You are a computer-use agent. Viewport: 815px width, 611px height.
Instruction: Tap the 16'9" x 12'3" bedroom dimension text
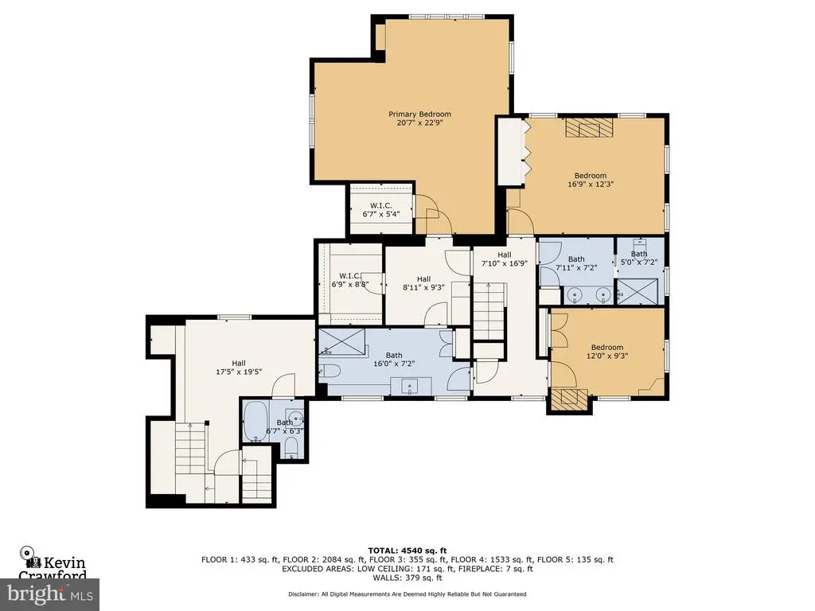(x=591, y=184)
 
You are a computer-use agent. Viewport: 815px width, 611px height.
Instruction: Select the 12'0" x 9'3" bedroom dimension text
(x=607, y=356)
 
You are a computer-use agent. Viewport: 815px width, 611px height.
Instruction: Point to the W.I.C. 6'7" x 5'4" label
(x=381, y=209)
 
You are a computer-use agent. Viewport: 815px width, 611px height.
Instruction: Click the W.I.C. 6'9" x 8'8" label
(x=350, y=280)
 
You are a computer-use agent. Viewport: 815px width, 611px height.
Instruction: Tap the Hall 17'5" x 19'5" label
(x=239, y=368)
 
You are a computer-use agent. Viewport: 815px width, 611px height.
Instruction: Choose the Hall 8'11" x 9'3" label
(x=423, y=283)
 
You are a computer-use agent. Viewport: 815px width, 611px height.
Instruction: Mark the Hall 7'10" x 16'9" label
(x=504, y=259)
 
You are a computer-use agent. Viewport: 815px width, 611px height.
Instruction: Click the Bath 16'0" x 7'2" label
(x=394, y=360)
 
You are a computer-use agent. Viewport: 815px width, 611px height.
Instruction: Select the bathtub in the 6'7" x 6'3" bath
(x=255, y=422)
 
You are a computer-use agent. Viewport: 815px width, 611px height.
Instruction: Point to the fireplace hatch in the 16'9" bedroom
(x=590, y=127)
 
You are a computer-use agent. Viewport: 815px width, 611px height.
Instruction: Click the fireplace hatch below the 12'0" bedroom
(x=570, y=399)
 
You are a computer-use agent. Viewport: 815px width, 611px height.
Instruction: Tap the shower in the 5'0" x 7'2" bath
(x=637, y=291)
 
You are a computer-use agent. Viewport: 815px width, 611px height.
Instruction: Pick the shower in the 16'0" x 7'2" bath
(x=341, y=341)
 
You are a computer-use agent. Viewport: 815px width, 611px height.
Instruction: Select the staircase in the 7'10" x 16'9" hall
(x=489, y=311)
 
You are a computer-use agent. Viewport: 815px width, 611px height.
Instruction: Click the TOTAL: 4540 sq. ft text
(x=407, y=551)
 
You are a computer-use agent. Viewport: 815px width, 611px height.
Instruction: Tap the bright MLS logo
(x=49, y=593)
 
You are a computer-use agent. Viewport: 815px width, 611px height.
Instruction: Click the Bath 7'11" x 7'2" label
(x=576, y=263)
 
